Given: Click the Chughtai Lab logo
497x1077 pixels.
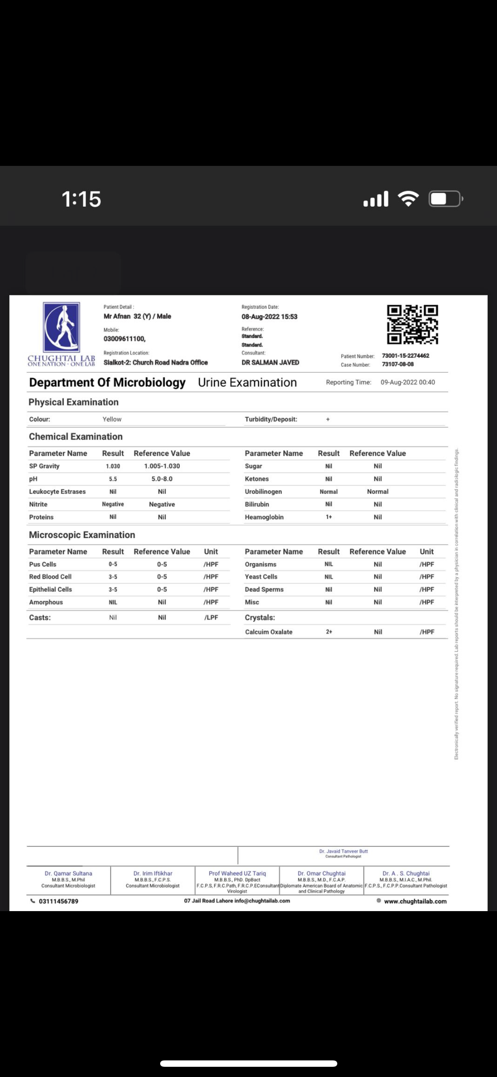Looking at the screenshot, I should click(x=62, y=333).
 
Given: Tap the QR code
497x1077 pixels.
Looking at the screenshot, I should click(x=412, y=325).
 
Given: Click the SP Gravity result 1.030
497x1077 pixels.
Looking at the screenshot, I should click(x=113, y=466).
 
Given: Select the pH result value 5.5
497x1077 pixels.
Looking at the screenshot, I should click(x=113, y=479).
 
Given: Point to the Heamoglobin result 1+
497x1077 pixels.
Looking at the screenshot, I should click(x=329, y=517).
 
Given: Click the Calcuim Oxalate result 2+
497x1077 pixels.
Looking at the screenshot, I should click(x=329, y=632).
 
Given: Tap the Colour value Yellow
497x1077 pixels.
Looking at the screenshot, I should click(x=112, y=419).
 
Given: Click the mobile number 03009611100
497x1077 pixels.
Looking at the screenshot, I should click(x=124, y=339).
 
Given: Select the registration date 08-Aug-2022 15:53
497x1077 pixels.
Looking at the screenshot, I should click(x=269, y=317).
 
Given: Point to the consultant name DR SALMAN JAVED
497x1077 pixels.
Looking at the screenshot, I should click(x=270, y=363).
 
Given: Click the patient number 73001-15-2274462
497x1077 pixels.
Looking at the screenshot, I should click(x=405, y=356).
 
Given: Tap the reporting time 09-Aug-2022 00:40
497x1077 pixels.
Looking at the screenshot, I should click(x=407, y=382).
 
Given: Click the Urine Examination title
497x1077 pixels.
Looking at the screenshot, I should click(x=247, y=383).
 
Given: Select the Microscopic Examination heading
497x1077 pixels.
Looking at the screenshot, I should click(x=82, y=535).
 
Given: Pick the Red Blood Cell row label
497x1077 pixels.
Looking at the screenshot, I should click(x=50, y=577).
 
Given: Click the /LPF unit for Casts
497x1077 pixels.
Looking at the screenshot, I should click(x=211, y=618).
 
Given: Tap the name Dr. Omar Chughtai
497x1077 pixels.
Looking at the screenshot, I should click(x=322, y=873).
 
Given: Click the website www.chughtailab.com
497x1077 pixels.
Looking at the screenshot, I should click(x=415, y=901).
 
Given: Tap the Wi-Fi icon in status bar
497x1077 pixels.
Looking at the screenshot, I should click(x=408, y=199).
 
